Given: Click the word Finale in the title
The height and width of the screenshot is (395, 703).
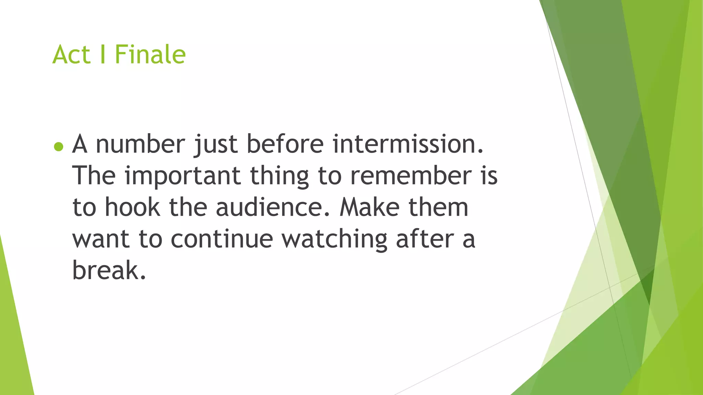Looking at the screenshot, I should coord(150,55).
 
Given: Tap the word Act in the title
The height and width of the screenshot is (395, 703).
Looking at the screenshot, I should coord(71,55).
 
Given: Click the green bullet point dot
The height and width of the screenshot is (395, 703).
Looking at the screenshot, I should coord(59,147).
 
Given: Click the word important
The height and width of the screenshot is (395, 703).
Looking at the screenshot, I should coord(182,176).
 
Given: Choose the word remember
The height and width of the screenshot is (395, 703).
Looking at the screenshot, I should coord(411,176).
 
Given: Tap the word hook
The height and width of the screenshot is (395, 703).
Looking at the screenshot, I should coord(132,207).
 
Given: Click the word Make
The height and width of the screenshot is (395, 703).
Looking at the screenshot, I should coord(369,207).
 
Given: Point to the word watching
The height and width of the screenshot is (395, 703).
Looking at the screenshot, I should coord(335,239).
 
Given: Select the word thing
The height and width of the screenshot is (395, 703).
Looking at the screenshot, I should coord(279,176).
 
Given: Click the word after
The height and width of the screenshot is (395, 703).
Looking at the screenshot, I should coord(425,239).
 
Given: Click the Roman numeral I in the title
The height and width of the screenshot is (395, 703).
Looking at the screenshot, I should coord(103,55).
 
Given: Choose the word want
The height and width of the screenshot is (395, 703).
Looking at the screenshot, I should coord(101,239).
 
